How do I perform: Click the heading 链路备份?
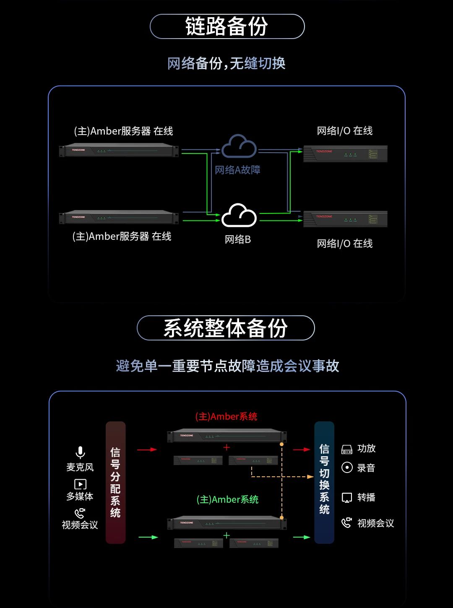[227, 26]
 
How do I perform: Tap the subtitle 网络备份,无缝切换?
[226, 63]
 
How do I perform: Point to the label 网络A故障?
[237, 170]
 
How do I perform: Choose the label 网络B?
[237, 239]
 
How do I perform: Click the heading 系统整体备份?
[226, 328]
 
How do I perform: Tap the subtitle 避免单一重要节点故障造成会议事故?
[227, 366]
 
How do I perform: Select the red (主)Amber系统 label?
[226, 416]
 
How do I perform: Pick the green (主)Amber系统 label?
[227, 499]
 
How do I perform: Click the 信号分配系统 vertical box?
[115, 482]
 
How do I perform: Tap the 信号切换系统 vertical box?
[324, 482]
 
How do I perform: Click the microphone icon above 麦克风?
[80, 452]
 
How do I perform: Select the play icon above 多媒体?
[80, 484]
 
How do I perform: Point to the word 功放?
[366, 449]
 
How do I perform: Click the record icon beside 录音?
[347, 468]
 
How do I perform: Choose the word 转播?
[366, 497]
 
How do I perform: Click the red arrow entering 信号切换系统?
[301, 450]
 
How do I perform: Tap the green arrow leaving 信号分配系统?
[148, 537]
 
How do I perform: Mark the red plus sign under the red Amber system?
[226, 447]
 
